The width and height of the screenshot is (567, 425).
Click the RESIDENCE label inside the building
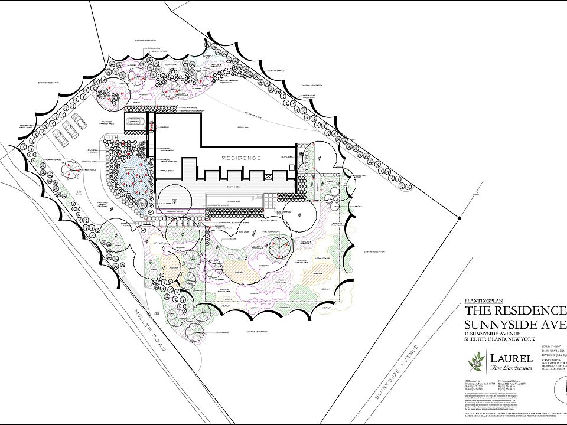(x=242, y=158)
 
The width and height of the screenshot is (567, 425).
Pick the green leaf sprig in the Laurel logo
(x=476, y=359)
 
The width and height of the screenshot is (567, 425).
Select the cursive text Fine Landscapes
(x=511, y=368)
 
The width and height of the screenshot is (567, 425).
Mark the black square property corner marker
(x=459, y=218)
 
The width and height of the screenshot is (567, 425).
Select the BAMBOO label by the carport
(x=166, y=127)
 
